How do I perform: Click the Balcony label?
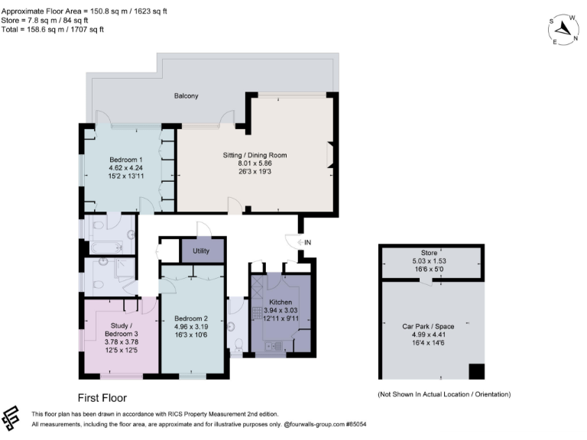coord(186,95)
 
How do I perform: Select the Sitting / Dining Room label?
coord(255,155)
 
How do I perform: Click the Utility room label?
coord(202,251)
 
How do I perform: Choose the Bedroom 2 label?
coord(191,318)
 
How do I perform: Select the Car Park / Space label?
coord(428,326)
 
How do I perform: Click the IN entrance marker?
coord(307,242)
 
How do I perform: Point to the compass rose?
coord(564,29)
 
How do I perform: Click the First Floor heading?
coord(102,398)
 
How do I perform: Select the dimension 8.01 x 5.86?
coord(255,163)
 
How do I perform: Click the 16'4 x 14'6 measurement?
coord(428,343)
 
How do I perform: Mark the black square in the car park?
coord(476,371)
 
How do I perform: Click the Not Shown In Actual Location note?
coord(443,394)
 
